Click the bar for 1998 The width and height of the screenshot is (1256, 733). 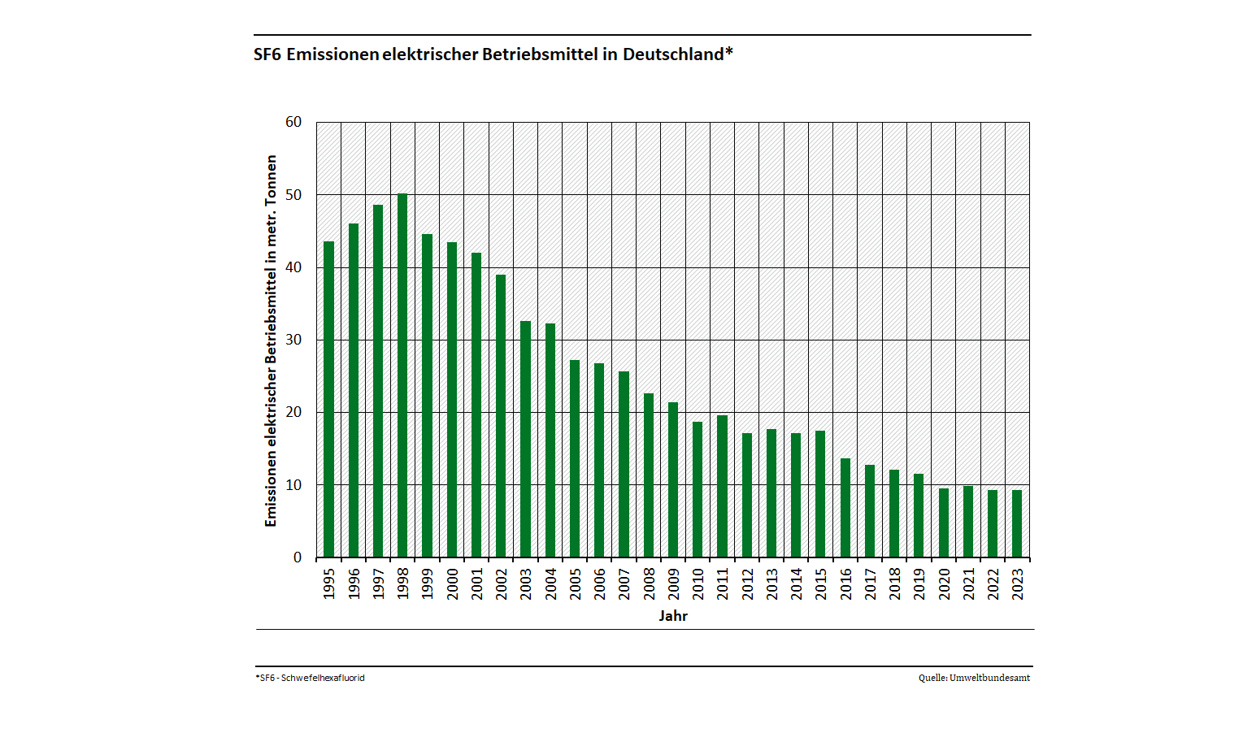(402, 375)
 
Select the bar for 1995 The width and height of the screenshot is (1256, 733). (328, 399)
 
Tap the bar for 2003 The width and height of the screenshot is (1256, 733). (525, 439)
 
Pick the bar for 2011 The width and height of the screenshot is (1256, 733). (722, 486)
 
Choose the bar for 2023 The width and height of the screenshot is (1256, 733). (1017, 523)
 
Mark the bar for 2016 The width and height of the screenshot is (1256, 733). (845, 508)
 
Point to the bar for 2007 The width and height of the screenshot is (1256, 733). (624, 464)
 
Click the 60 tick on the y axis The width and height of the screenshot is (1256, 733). (293, 122)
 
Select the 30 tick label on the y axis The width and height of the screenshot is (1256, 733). (293, 340)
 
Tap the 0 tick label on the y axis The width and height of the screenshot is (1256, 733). (298, 557)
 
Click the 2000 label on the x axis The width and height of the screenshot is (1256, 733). (452, 583)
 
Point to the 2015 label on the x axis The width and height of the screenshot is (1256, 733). (821, 583)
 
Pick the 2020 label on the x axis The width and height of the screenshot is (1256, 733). (944, 583)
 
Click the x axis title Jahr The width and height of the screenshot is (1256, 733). (673, 616)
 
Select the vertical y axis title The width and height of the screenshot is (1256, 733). (271, 341)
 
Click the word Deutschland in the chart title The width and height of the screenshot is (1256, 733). (673, 54)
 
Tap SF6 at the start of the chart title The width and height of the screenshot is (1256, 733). (267, 54)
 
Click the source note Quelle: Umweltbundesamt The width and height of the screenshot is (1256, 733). (974, 678)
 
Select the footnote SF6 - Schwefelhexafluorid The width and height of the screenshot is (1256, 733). (311, 678)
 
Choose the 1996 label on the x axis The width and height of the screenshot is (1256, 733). (354, 583)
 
